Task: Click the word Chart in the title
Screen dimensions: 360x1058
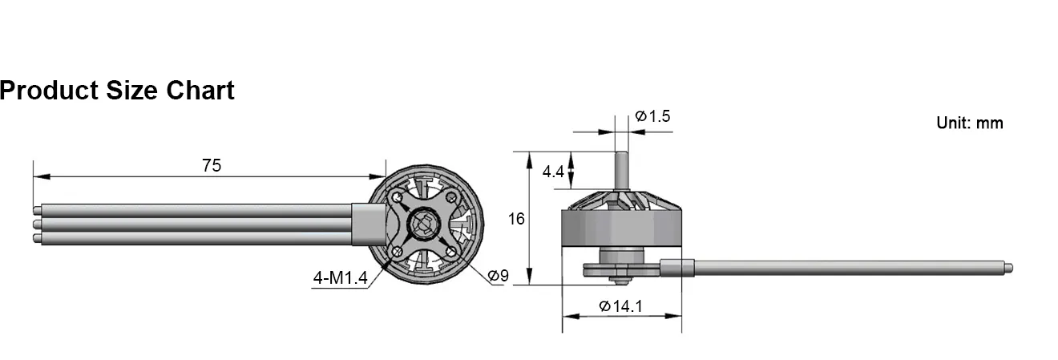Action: click(200, 91)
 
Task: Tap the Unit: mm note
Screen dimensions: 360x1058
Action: click(969, 123)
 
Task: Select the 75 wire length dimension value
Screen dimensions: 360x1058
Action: click(212, 166)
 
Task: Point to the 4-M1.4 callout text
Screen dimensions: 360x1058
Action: click(340, 278)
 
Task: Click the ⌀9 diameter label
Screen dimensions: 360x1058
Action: click(498, 276)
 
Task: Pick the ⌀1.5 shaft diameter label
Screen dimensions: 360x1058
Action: click(652, 116)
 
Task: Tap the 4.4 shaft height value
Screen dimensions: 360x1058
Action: click(553, 172)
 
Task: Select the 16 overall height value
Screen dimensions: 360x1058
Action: click(516, 218)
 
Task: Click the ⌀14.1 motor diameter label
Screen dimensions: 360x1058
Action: click(621, 305)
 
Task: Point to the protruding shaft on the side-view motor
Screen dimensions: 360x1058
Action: click(621, 171)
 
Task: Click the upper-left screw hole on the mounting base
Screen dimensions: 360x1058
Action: click(398, 196)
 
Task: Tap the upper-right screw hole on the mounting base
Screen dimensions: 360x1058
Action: click(451, 197)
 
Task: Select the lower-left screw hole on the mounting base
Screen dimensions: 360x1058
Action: click(397, 252)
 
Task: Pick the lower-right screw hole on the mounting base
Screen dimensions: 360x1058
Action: click(451, 252)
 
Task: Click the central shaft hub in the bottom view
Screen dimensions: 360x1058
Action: click(424, 224)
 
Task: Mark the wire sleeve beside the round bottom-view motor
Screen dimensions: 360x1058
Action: click(369, 224)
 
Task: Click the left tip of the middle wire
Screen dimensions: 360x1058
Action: click(37, 224)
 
